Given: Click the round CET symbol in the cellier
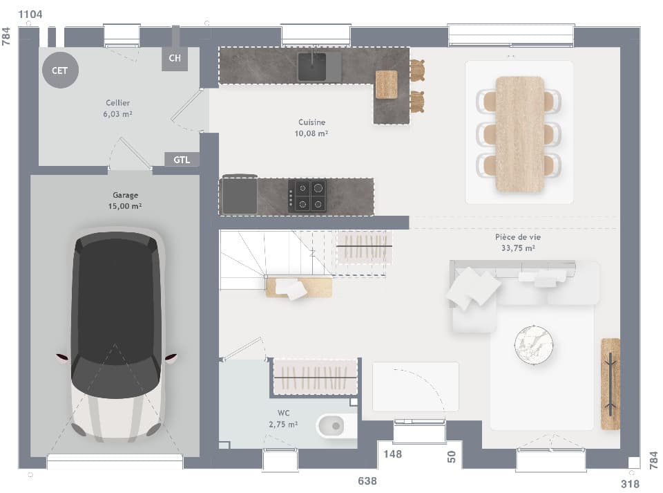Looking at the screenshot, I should tap(60, 70).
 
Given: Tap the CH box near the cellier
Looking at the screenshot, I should tap(175, 58).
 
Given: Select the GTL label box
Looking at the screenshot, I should tap(182, 160).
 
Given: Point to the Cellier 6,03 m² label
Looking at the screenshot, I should tap(118, 109).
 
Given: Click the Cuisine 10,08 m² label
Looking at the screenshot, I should tap(313, 128).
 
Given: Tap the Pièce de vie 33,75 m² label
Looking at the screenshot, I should tap(517, 242).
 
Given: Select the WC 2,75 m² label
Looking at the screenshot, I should tap(283, 419).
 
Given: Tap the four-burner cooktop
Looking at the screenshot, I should tap(307, 195).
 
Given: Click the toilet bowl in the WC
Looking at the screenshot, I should tap(335, 425).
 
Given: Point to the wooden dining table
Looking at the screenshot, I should tap(519, 134).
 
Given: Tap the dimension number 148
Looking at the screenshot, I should tap(392, 454).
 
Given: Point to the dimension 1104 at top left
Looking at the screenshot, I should tap(31, 15).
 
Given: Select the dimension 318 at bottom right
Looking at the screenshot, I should tap(630, 484).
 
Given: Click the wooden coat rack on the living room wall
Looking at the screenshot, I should tap(610, 383).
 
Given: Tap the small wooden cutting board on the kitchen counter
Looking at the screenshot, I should tap(386, 84).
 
